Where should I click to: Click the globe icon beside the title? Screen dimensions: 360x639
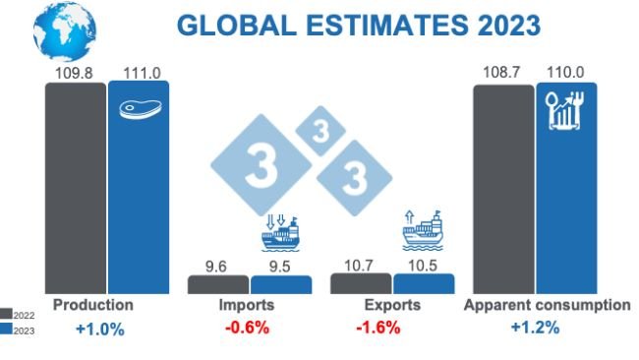(64, 30)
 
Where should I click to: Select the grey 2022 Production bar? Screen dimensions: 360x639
(76, 187)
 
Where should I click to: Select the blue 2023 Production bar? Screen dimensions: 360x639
(139, 197)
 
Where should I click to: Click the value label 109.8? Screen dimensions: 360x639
(76, 73)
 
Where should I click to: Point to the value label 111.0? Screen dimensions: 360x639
(139, 73)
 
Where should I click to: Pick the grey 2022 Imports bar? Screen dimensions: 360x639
(217, 284)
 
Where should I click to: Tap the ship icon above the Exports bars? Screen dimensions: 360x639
(423, 231)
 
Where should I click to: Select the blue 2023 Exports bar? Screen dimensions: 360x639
(424, 283)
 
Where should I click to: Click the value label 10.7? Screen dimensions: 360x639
(361, 265)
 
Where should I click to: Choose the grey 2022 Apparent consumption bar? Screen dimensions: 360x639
(503, 187)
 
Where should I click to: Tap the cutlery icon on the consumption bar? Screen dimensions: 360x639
(566, 110)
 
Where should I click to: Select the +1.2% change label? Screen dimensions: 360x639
(535, 328)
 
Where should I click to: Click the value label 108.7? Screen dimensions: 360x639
(503, 74)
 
